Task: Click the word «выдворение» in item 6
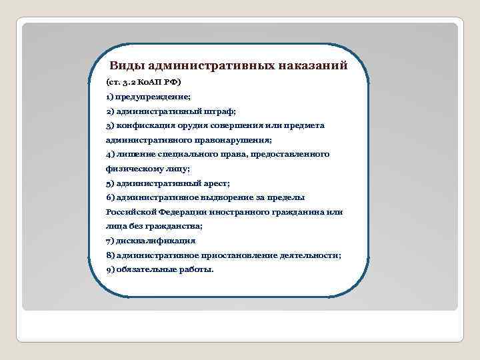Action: point(230,197)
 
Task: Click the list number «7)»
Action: point(110,241)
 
